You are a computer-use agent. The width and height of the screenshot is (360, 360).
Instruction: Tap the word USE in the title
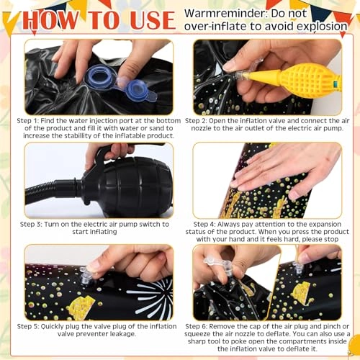[x=153, y=20]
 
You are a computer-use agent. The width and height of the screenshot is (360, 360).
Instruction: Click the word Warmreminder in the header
[x=225, y=14]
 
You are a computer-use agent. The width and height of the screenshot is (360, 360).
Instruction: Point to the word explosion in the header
[x=322, y=27]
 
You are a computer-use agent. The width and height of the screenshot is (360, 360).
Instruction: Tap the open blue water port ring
[x=99, y=76]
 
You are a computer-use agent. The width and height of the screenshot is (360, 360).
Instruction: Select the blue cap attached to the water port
[x=136, y=90]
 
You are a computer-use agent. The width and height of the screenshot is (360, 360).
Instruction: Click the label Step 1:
[x=27, y=121]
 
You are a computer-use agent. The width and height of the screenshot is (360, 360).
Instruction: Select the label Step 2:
[x=196, y=121]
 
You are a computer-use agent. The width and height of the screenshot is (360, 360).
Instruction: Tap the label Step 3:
[x=31, y=225]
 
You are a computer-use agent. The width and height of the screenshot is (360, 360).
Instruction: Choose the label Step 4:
[x=204, y=225]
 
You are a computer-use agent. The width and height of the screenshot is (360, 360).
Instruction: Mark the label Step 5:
[x=28, y=327]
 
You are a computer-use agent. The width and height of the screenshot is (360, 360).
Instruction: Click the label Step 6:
[x=196, y=327]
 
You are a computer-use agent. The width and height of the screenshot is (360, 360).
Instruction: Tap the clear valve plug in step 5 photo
[x=85, y=276]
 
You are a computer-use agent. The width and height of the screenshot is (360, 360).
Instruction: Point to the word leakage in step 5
[x=123, y=334]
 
